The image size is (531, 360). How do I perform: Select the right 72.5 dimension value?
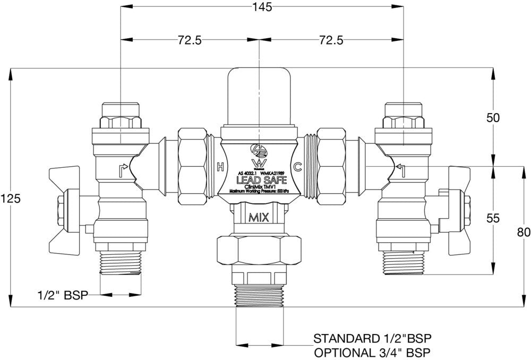pyautogui.click(x=331, y=41)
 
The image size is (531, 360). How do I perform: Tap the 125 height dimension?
pyautogui.click(x=11, y=198)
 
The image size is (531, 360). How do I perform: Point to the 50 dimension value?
pyautogui.click(x=494, y=118)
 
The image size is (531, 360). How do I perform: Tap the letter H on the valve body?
pyautogui.click(x=220, y=168)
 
